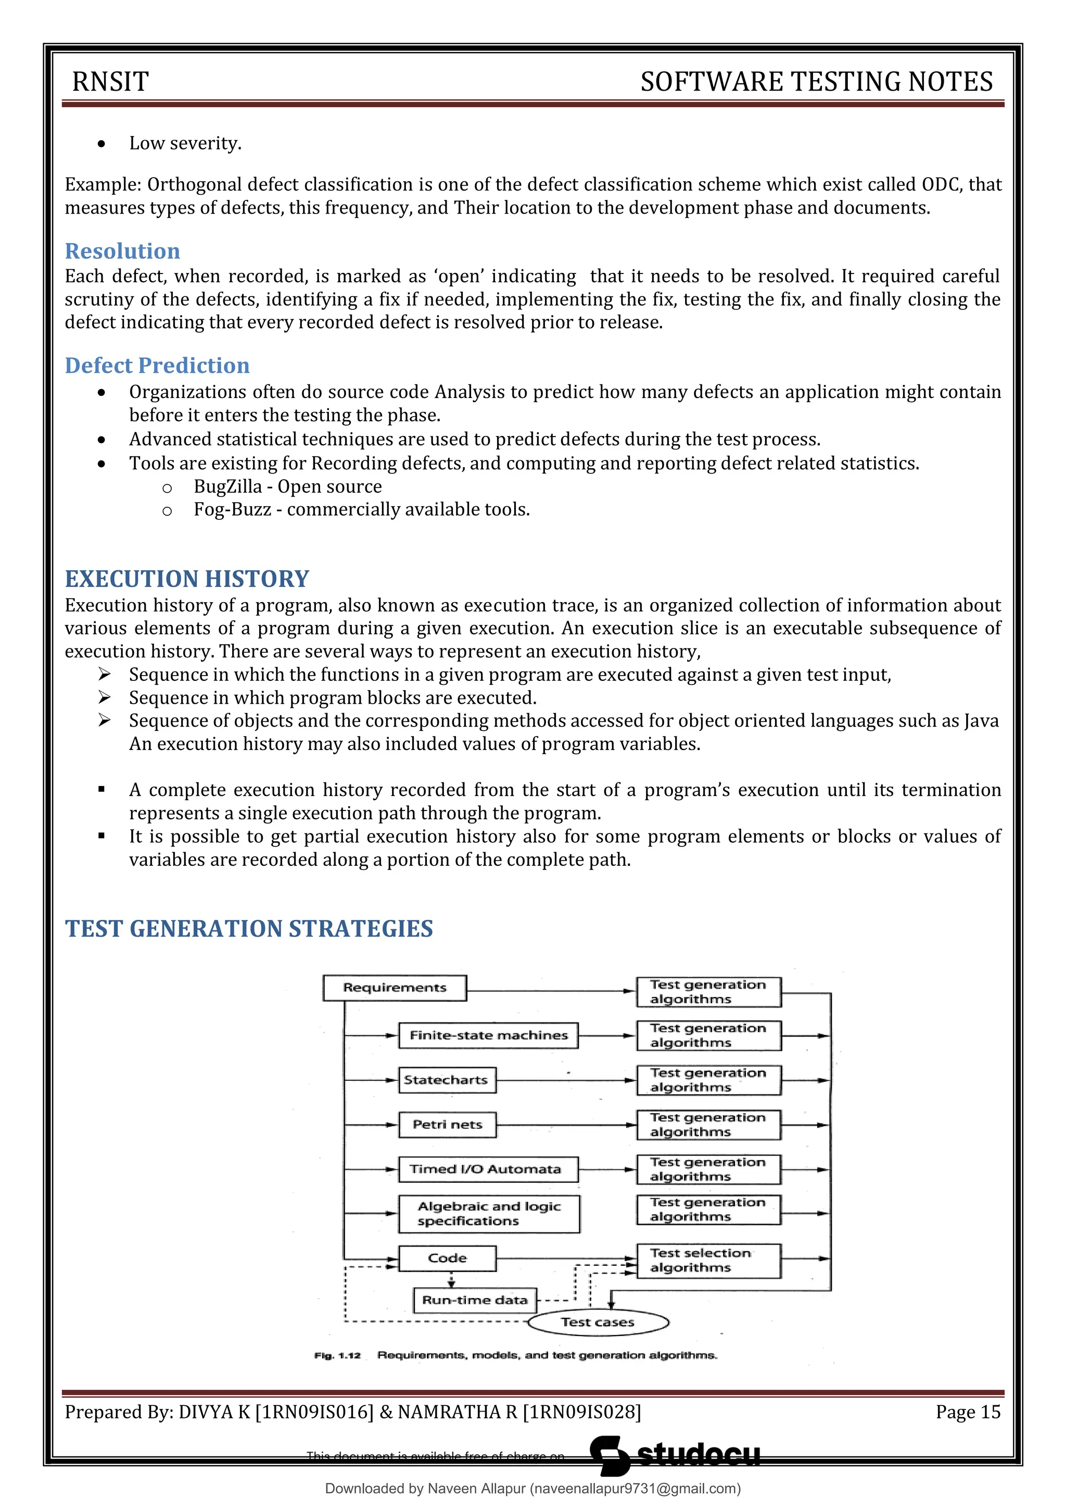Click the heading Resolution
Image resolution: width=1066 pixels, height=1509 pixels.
point(122,251)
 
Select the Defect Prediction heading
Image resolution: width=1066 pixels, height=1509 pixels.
point(157,366)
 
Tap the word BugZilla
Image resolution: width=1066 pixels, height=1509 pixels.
point(227,487)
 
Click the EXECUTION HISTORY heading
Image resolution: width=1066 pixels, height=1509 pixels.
point(186,579)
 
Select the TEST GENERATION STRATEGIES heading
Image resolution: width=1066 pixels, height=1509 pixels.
point(249,929)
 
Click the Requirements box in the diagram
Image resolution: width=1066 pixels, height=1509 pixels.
point(394,988)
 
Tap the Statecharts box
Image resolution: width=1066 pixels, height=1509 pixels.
point(447,1080)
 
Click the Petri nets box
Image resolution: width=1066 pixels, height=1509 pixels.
point(447,1125)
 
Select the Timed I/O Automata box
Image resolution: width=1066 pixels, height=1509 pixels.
point(488,1169)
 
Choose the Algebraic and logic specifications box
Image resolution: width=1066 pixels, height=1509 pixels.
point(489,1214)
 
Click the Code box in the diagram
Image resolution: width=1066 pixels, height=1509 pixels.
point(447,1258)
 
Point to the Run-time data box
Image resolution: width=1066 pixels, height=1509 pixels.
point(474,1300)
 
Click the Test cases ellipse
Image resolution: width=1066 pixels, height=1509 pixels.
point(598,1323)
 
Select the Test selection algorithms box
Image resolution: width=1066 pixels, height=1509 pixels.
point(708,1261)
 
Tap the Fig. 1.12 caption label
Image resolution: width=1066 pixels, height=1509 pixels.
point(338,1355)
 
